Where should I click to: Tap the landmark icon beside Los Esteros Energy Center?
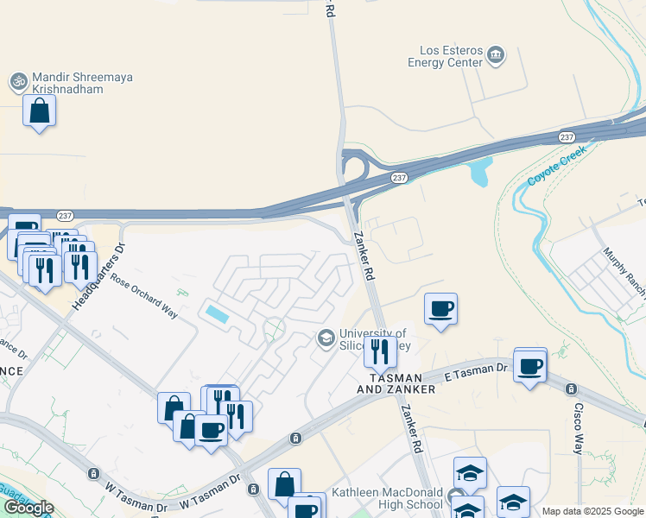tap(496, 56)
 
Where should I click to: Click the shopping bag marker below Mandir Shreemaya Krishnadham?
tap(39, 111)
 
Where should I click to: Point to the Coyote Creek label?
tap(557, 165)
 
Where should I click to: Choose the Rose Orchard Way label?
tap(143, 296)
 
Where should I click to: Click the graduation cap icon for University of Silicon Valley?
tap(326, 338)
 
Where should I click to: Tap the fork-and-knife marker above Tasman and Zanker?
tap(379, 351)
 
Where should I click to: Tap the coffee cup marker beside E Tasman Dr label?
tap(530, 367)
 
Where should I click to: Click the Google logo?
tap(28, 508)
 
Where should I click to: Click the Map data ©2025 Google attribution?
tap(592, 511)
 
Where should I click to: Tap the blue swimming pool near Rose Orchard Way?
tap(218, 313)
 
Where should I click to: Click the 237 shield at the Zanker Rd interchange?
tap(398, 178)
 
